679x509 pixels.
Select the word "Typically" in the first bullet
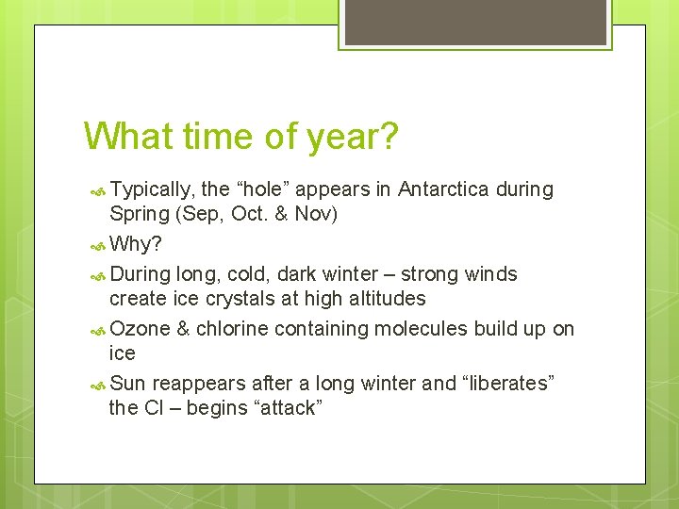(x=151, y=189)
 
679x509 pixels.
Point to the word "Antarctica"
(x=443, y=189)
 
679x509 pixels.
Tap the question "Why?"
(x=136, y=245)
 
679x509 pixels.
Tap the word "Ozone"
(x=141, y=329)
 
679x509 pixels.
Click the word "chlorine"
(x=232, y=329)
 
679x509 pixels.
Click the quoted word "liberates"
(x=508, y=384)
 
